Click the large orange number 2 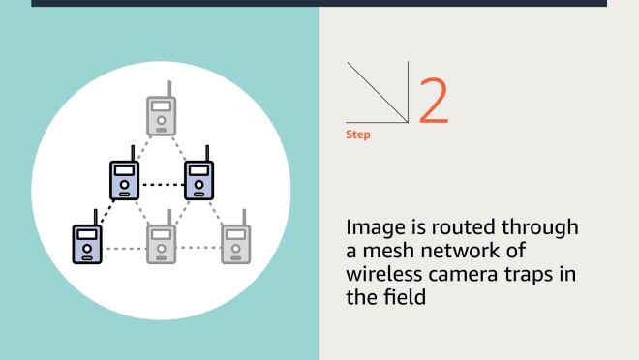tap(434, 101)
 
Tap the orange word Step tap(358, 135)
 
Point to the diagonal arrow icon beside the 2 tap(378, 93)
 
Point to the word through tap(539, 227)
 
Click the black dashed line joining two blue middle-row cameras tap(162, 185)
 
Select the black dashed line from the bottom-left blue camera tap(106, 212)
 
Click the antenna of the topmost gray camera tap(169, 89)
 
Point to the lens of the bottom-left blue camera tap(87, 248)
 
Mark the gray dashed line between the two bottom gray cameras tap(198, 247)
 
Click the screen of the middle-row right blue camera tap(198, 170)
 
